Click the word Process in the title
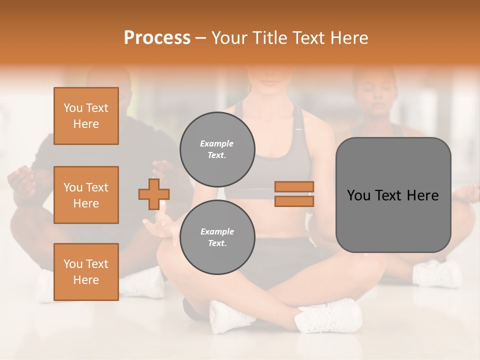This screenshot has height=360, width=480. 157,37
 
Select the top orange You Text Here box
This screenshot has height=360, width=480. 86,116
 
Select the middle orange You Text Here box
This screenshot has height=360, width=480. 86,195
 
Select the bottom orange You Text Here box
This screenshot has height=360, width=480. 86,272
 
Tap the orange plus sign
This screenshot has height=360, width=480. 154,194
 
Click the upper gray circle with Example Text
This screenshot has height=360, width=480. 217,149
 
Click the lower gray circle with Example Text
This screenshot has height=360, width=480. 217,237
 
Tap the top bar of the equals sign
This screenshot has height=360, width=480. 294,186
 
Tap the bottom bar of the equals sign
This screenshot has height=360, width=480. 294,201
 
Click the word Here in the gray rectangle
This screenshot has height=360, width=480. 422,195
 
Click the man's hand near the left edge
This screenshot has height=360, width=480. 20,180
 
